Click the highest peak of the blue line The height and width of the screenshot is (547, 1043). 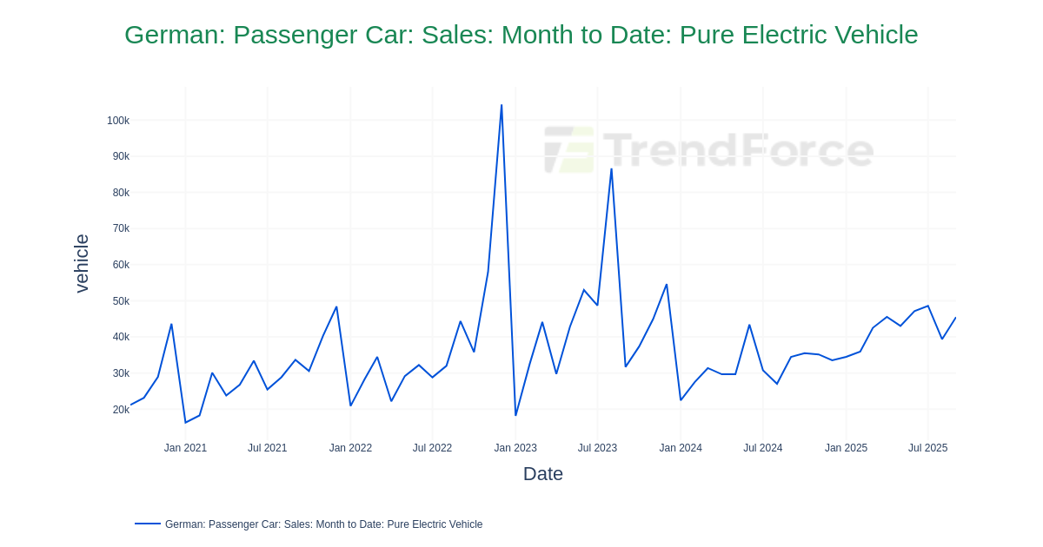point(502,105)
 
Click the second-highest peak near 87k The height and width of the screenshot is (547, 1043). point(611,168)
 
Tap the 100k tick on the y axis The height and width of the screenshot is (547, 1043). point(118,121)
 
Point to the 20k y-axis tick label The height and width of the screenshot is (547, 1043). point(121,410)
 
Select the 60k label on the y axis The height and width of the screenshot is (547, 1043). point(121,265)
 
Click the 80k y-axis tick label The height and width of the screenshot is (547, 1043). point(121,193)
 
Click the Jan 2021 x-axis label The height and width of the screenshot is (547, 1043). point(185,448)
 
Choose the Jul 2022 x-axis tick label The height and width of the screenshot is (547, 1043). point(432,448)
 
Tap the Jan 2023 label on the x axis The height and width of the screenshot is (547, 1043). point(515,448)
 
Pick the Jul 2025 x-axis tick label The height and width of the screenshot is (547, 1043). point(927,448)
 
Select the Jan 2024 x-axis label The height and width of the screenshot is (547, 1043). point(681,448)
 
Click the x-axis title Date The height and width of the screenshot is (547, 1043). point(542,474)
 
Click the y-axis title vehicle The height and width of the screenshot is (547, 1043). point(82,263)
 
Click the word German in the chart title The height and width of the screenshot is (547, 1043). point(175,35)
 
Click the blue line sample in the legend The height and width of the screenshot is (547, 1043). point(148,524)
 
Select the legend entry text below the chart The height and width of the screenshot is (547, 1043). point(323,524)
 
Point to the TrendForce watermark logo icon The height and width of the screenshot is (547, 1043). point(569,150)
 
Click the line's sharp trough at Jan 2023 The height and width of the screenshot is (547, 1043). point(515,415)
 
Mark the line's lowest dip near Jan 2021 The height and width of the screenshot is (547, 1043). point(185,423)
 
